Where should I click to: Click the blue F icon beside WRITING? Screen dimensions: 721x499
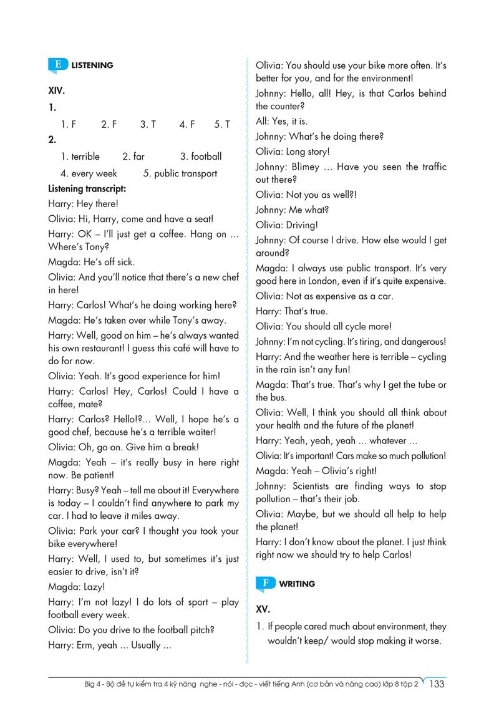pos(266,584)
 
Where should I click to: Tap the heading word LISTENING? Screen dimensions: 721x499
pos(92,65)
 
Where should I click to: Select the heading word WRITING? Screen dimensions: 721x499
pos(297,584)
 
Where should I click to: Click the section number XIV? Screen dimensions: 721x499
pos(57,90)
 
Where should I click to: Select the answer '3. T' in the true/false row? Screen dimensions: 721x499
pos(148,124)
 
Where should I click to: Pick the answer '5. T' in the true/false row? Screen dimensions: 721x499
pos(222,124)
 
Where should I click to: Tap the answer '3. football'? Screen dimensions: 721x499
pos(200,157)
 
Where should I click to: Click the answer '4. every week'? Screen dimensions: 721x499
pos(89,173)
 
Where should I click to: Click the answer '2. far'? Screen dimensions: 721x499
pos(133,157)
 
